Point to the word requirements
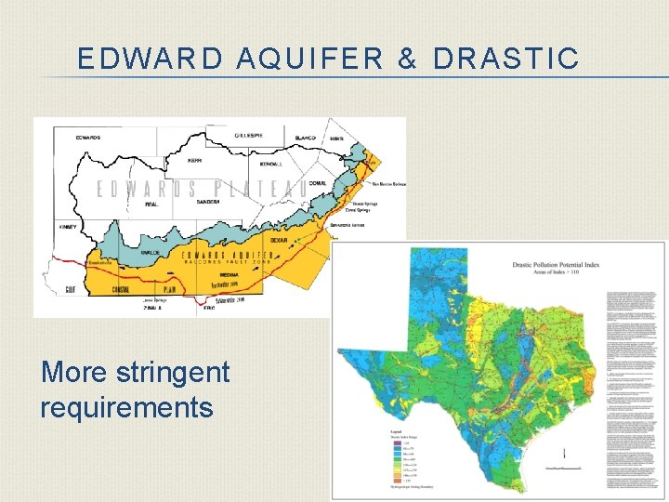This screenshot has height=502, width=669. point(126,407)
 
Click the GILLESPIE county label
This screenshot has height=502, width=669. point(248,135)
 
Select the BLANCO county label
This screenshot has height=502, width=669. point(306,138)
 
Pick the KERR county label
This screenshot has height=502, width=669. point(195,161)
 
